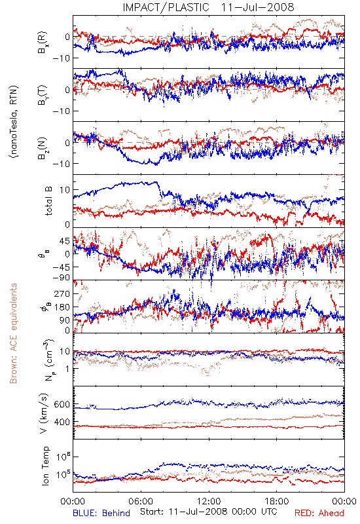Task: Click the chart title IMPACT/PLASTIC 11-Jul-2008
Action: click(208, 7)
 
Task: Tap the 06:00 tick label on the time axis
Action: click(141, 501)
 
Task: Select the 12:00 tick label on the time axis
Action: click(209, 501)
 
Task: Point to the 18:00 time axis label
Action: click(277, 501)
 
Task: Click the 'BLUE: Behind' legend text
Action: click(101, 513)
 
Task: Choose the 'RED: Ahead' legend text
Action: click(319, 513)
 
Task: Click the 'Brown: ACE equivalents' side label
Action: click(13, 333)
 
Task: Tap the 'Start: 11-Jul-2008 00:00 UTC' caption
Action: click(209, 512)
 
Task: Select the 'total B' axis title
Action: click(48, 201)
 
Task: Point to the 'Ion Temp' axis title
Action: click(45, 466)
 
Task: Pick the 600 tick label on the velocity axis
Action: click(62, 404)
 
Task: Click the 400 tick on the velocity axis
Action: click(62, 422)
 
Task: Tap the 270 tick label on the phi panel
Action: click(62, 293)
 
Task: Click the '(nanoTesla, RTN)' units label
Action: click(14, 121)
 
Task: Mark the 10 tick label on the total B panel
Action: click(65, 190)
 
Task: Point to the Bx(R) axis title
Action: click(43, 43)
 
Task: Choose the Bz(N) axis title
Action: click(43, 148)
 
